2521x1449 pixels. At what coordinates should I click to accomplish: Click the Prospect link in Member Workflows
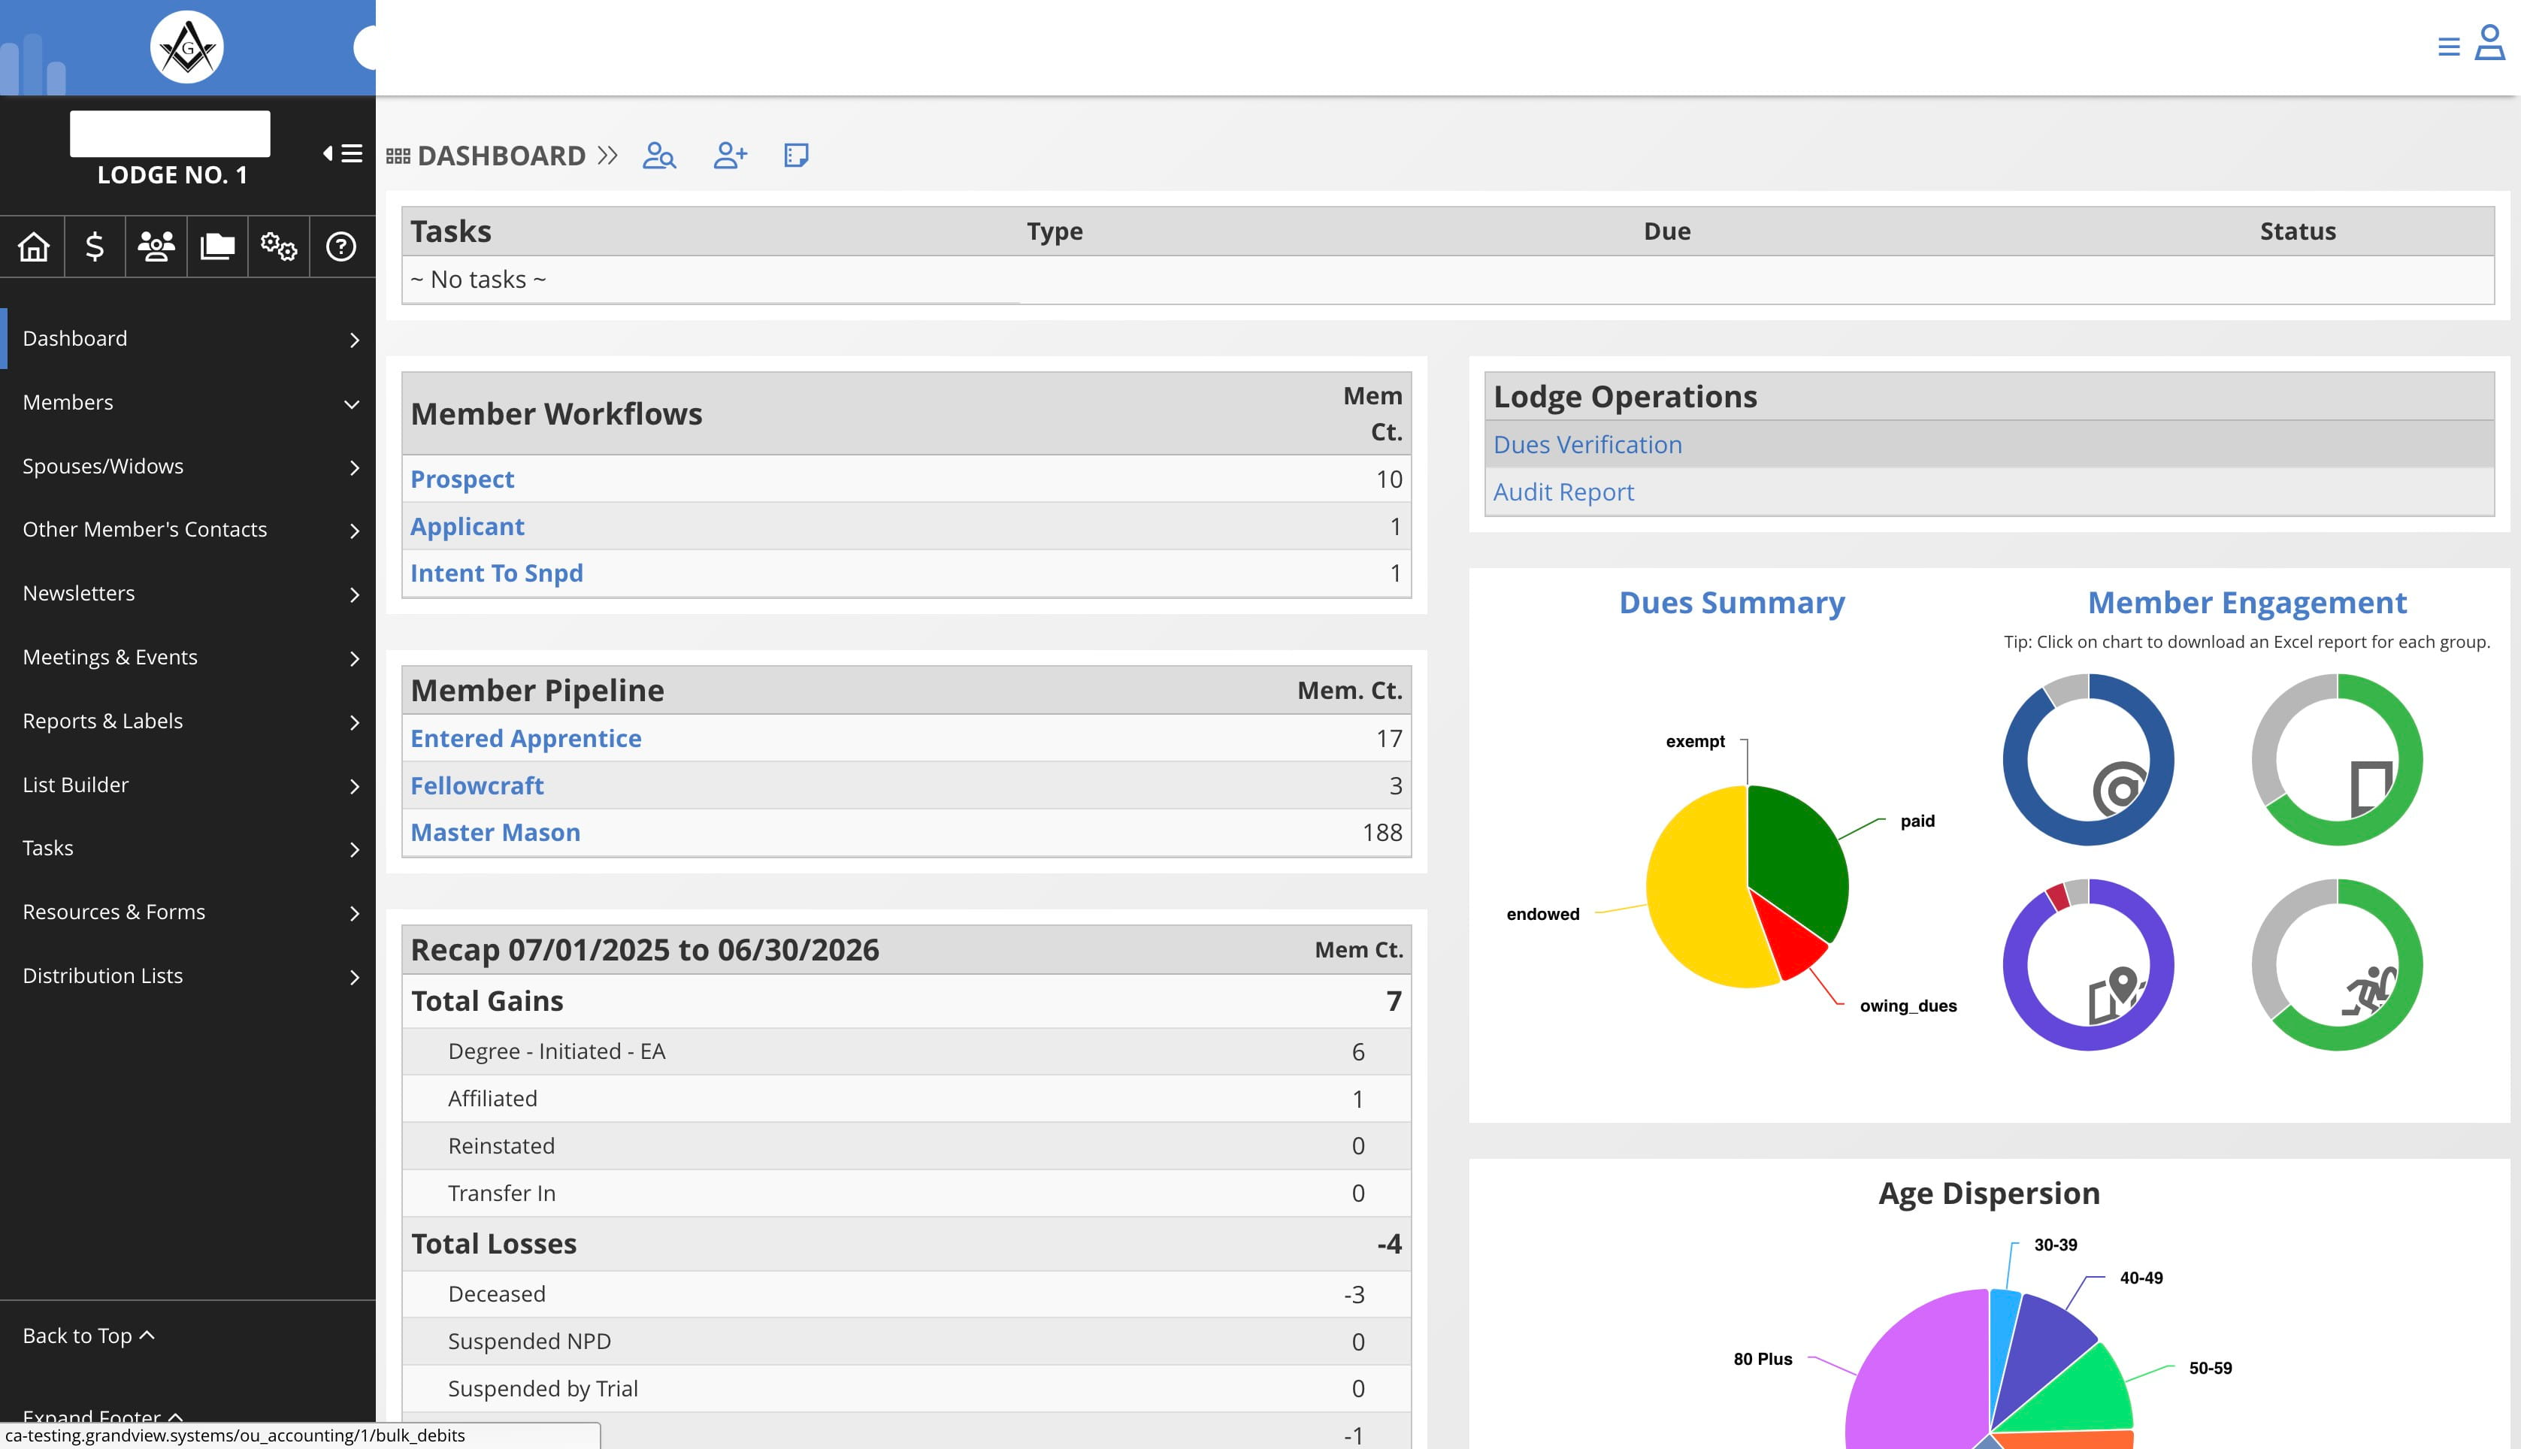(x=462, y=479)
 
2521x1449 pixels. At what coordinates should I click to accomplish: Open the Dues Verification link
(x=1587, y=445)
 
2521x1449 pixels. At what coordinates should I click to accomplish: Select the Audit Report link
(x=1563, y=492)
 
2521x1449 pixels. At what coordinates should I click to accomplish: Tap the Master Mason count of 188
(x=1382, y=832)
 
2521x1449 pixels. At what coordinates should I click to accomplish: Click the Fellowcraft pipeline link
(x=477, y=785)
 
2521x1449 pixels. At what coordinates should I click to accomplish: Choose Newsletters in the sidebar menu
(x=79, y=593)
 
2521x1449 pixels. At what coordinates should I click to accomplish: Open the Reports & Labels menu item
(x=102, y=721)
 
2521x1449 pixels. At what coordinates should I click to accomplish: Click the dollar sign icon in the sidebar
(x=95, y=246)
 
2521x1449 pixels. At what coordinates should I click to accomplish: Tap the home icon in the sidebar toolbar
(x=33, y=246)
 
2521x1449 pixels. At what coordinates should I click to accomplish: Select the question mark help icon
(x=340, y=246)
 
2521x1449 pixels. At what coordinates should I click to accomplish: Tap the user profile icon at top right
(x=2489, y=43)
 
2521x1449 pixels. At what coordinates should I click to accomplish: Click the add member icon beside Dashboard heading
(x=730, y=156)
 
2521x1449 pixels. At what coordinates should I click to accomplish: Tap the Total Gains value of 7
(x=1394, y=1001)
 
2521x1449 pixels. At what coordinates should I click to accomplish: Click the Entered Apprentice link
(x=525, y=739)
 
